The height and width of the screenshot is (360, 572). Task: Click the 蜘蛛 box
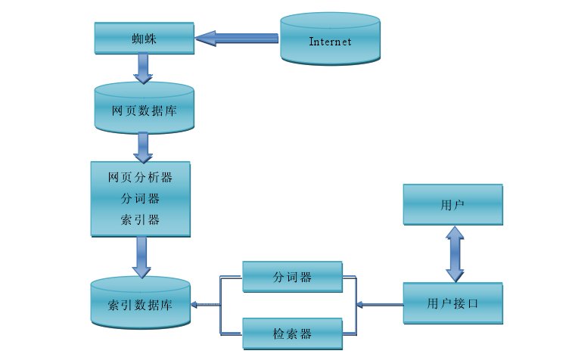click(145, 37)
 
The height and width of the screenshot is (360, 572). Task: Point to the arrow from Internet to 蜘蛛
click(236, 37)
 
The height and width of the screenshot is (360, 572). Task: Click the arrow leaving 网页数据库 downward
click(142, 147)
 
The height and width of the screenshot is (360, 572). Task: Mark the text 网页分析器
click(141, 178)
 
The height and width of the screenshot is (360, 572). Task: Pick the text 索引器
click(141, 219)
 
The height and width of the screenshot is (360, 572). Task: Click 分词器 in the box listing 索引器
click(141, 199)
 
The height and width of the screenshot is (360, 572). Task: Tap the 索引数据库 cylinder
click(141, 305)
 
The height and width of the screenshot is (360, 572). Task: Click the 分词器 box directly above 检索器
click(292, 277)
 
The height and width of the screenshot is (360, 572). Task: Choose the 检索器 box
click(292, 333)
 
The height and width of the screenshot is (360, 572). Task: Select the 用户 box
click(452, 204)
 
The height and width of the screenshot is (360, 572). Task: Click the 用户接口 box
click(452, 304)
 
